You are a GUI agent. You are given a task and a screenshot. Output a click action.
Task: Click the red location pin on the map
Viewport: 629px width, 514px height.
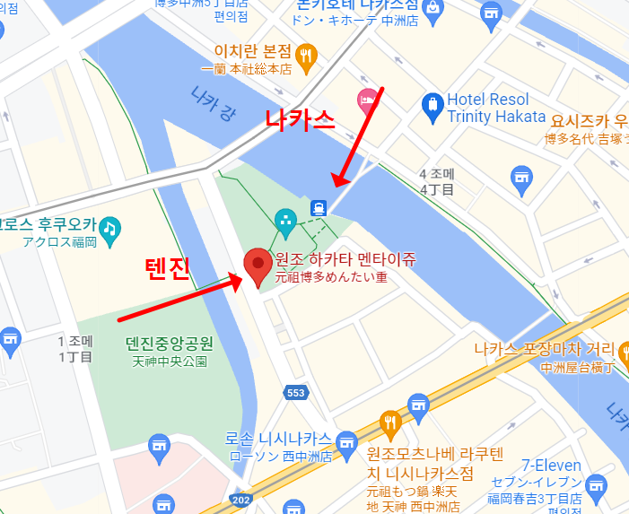[258, 266]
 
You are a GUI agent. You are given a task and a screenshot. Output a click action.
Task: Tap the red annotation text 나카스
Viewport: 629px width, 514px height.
[299, 119]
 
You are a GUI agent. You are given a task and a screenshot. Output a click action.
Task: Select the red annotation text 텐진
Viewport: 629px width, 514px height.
[169, 268]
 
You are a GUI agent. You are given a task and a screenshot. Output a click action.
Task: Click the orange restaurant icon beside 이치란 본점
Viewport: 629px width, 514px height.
[307, 56]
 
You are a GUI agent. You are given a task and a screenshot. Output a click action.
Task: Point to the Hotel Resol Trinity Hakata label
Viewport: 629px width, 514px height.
[495, 108]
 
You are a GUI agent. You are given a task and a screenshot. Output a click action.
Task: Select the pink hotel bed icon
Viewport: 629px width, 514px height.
[366, 99]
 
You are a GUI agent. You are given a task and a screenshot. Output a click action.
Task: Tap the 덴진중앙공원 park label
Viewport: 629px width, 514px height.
[169, 344]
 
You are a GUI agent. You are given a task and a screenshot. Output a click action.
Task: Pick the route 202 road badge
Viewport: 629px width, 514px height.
[241, 500]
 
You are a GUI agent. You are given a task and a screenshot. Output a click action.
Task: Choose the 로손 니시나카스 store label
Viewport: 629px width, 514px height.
[278, 440]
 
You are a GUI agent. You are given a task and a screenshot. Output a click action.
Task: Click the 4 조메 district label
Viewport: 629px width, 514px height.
[438, 173]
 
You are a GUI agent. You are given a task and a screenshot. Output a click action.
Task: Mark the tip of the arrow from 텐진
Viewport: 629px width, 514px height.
[243, 280]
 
